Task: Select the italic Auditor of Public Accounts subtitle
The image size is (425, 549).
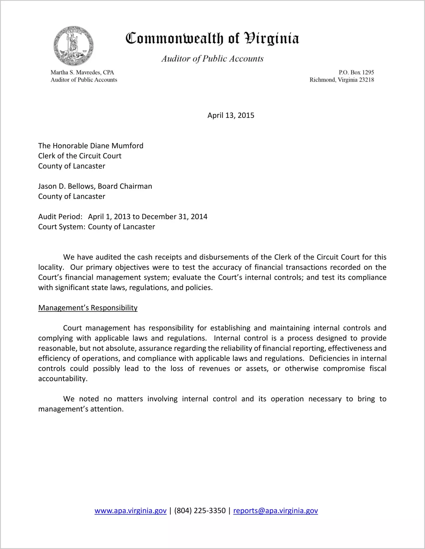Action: click(x=212, y=59)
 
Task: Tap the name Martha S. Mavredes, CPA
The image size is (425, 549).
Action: click(x=82, y=72)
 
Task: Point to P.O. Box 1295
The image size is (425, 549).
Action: click(x=356, y=72)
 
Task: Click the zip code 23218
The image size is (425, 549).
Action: click(x=366, y=80)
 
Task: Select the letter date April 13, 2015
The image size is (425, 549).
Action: click(x=231, y=115)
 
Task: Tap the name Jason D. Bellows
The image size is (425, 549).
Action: click(x=67, y=186)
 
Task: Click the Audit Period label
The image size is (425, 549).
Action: click(x=60, y=217)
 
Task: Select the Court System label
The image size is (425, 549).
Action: click(x=62, y=227)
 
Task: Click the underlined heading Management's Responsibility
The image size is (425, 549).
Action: click(x=88, y=308)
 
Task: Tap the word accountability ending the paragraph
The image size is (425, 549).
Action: click(x=63, y=379)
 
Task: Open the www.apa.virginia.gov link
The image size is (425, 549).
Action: click(x=131, y=511)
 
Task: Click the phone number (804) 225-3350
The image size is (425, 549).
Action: click(x=200, y=511)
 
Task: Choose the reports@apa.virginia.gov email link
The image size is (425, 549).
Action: click(x=275, y=511)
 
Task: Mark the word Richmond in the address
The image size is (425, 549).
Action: click(x=322, y=80)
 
